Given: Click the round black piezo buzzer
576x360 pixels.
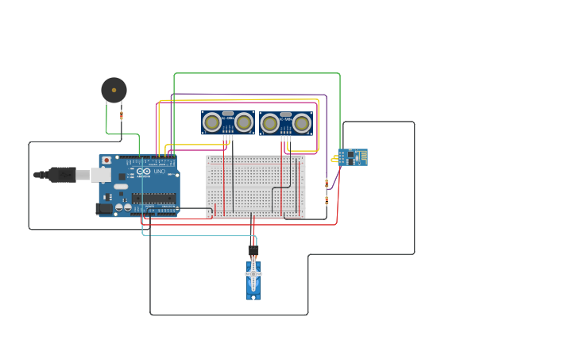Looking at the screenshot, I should click(114, 90).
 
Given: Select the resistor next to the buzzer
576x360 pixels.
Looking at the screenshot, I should click(122, 116).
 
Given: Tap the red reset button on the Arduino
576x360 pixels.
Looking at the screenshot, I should click(106, 160).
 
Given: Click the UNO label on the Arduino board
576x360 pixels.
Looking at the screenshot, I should click(159, 172).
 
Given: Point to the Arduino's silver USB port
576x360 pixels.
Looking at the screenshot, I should click(101, 174).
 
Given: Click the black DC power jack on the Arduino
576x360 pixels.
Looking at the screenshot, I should click(103, 209).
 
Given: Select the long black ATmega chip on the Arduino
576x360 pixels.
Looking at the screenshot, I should click(153, 198).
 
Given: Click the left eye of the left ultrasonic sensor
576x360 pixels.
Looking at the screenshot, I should click(211, 122).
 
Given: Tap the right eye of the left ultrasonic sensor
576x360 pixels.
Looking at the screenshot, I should click(244, 122).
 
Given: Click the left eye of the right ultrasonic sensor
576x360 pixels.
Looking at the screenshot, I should click(269, 123).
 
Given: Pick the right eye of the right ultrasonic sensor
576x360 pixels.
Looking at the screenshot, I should click(302, 123).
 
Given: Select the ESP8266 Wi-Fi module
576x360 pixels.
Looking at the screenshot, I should click(353, 157).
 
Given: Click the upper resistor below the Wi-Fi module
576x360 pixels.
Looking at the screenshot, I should click(327, 183).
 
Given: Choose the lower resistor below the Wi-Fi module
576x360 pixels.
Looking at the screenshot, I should click(327, 200).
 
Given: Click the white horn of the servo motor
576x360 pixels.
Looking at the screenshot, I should click(253, 274).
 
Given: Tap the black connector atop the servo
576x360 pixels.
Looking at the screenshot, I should click(253, 251).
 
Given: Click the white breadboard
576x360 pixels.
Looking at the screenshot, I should click(255, 186).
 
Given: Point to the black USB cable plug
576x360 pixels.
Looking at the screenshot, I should click(60, 174).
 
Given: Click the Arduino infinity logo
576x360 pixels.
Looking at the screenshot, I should click(143, 172).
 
